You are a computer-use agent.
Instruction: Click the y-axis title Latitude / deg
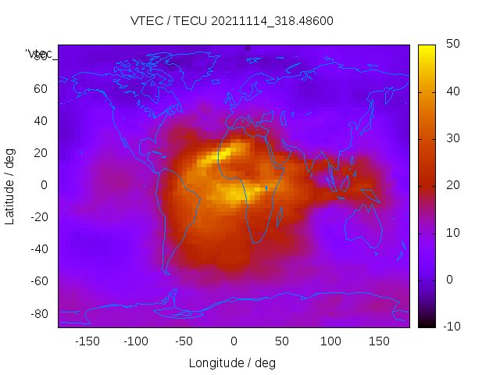tap(10, 186)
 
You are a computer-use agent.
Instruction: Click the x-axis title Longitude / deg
tap(232, 362)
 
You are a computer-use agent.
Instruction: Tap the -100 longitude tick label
tap(135, 341)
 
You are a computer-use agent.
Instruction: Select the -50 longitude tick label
tap(184, 341)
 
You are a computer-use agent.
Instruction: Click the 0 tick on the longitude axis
tap(233, 341)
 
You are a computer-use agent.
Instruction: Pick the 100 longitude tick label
tap(330, 341)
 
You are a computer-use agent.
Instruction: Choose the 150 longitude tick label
tap(379, 341)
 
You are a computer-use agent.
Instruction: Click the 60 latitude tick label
tap(40, 89)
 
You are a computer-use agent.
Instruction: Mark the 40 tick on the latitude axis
tap(40, 121)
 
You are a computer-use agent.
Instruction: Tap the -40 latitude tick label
tap(37, 249)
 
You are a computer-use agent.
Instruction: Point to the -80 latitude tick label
tap(37, 313)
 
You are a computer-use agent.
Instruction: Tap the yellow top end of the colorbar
tap(426, 48)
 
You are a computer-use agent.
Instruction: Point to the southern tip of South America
tap(166, 271)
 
